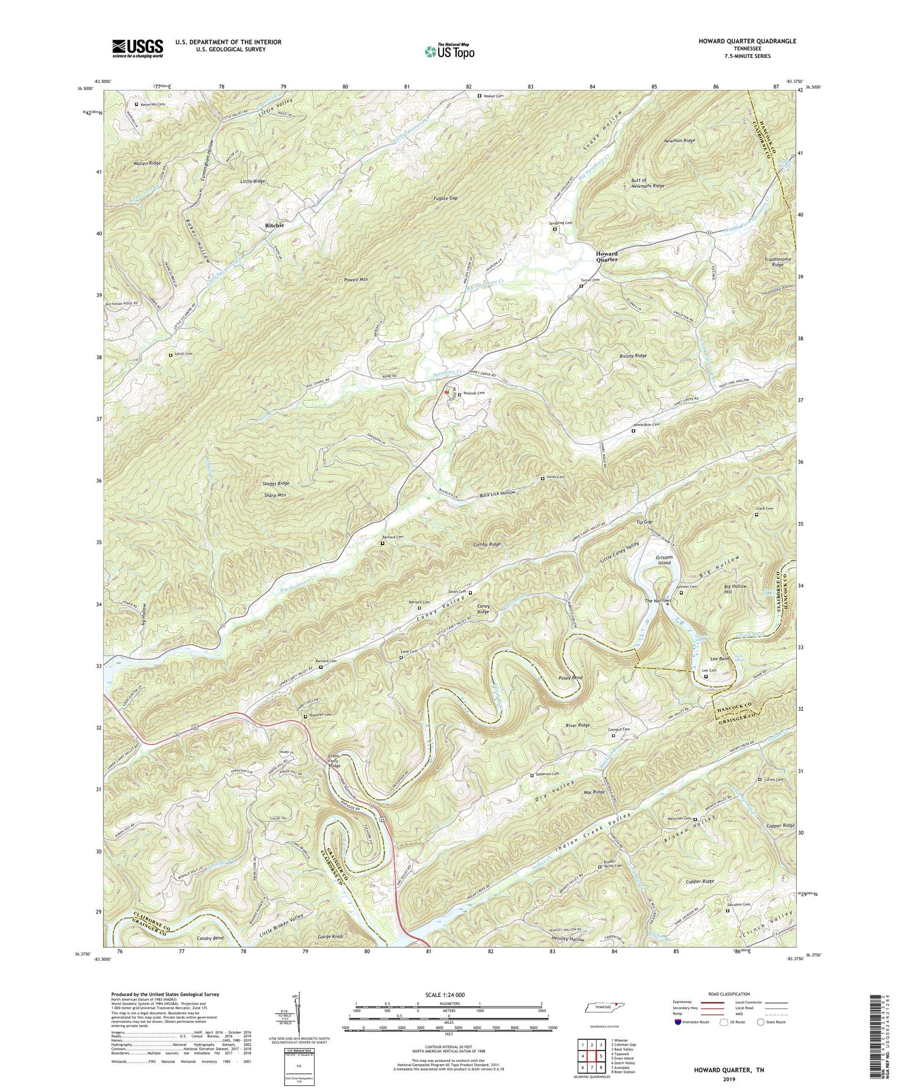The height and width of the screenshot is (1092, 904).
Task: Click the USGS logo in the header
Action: coord(137,48)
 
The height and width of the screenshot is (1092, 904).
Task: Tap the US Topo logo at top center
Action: coord(448,52)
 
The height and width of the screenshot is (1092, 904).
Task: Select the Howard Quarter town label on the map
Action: coord(606,257)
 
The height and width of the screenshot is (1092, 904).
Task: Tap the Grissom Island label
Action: coord(667,560)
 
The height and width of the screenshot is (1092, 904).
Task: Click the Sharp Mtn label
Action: coord(274,495)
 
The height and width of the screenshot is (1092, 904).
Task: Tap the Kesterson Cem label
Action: coord(153,104)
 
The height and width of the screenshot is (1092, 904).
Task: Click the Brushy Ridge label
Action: coord(632,356)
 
